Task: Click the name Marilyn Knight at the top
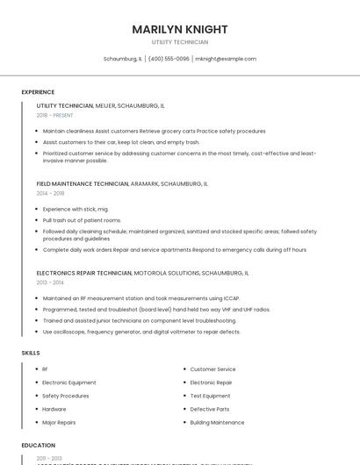tap(180, 29)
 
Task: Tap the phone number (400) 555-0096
tap(169, 59)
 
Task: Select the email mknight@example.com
tap(226, 59)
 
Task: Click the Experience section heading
tap(38, 92)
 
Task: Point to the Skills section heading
tap(31, 353)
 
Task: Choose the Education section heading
tap(39, 446)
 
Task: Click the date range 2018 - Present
tap(55, 115)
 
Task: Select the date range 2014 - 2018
tap(50, 193)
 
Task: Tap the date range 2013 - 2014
tap(50, 283)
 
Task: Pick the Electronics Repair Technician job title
tap(84, 273)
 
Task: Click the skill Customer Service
tap(212, 369)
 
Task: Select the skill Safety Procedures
tap(66, 396)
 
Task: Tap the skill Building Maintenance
tap(217, 422)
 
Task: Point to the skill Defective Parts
tap(210, 409)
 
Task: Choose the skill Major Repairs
tap(59, 422)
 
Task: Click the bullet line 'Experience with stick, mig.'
tap(76, 209)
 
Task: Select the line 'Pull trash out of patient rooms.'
tap(82, 220)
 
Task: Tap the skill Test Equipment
tap(210, 396)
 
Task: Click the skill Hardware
tap(54, 409)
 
